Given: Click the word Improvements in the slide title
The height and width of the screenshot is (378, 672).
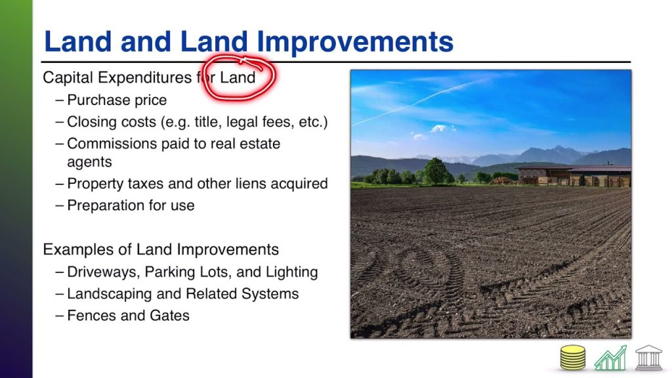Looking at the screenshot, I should coord(354,42).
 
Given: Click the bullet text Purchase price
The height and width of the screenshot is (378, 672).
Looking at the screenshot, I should coord(117,100).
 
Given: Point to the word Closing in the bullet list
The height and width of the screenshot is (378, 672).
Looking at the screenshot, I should coord(92,122).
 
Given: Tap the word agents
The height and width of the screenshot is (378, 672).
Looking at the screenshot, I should coord(89,162).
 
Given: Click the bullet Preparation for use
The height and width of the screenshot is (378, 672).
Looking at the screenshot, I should coord(131,205).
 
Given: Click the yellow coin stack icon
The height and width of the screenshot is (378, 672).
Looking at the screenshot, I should coord(572,358).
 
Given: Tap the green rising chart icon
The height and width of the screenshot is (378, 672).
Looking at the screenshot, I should coord(610,358).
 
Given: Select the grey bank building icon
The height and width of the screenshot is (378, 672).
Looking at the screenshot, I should coord(648,358).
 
